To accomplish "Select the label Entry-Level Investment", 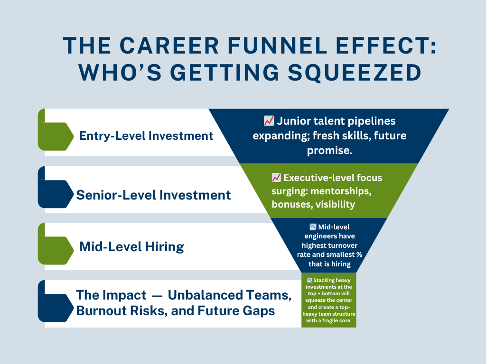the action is pyautogui.click(x=146, y=136).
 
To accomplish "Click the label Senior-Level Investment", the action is pyautogui.click(x=153, y=195).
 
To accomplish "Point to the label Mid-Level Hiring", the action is pyautogui.click(x=131, y=247).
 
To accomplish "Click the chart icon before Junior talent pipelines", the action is pyautogui.click(x=269, y=121).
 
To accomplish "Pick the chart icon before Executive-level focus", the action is pyautogui.click(x=276, y=178).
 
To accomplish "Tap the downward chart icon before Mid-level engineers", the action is pyautogui.click(x=313, y=227).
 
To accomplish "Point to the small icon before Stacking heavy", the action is pyautogui.click(x=309, y=280).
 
